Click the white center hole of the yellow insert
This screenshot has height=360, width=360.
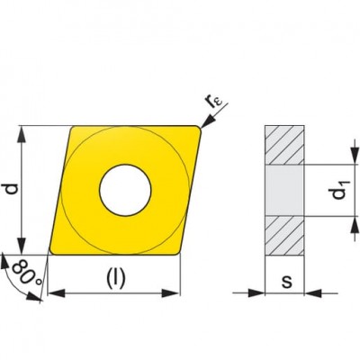[125, 190]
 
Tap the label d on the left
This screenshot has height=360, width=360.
[13, 189]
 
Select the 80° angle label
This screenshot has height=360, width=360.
[25, 273]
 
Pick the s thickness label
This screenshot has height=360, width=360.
[287, 282]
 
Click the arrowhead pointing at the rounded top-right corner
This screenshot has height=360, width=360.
[207, 122]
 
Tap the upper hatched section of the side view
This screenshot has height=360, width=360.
[284, 145]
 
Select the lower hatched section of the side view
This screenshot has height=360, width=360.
[284, 236]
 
